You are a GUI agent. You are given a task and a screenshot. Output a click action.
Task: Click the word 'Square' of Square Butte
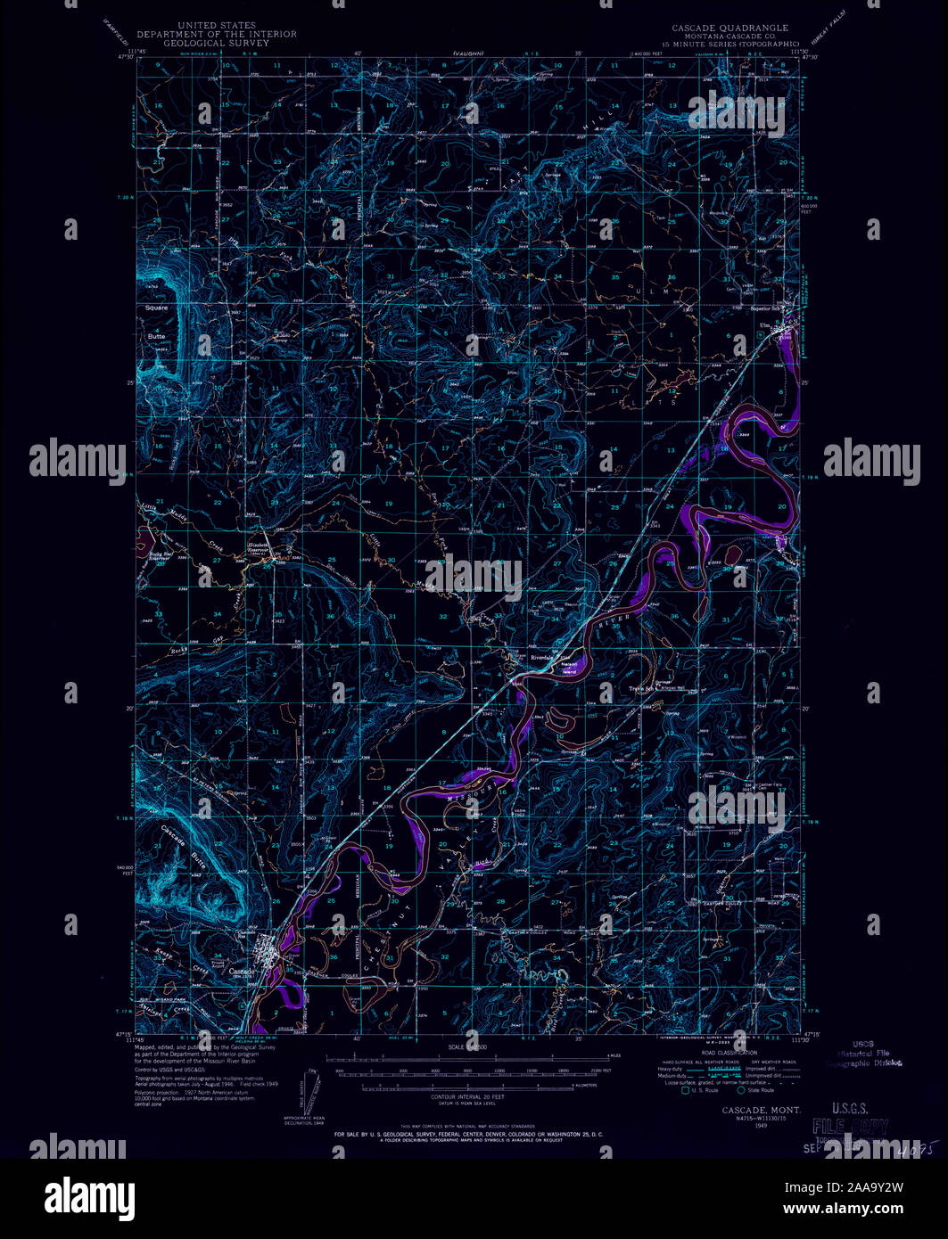[156, 308]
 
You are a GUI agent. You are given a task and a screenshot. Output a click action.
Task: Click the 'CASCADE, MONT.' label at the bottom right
[760, 1110]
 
